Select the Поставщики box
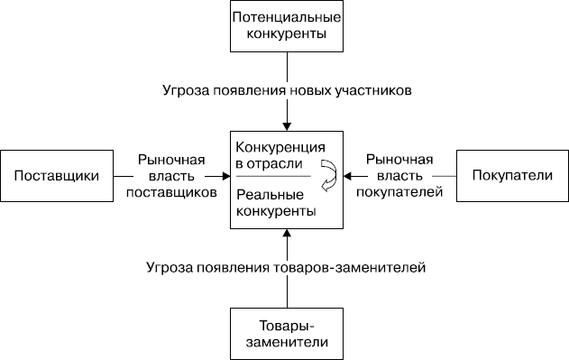[x=56, y=175]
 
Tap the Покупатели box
[x=512, y=175]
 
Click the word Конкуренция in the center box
[x=280, y=147]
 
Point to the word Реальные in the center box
[x=264, y=194]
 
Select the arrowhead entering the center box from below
[x=286, y=234]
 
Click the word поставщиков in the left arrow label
[x=172, y=191]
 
